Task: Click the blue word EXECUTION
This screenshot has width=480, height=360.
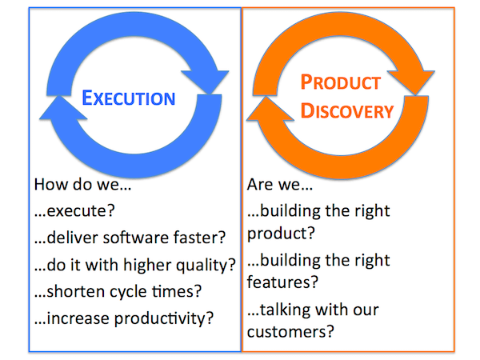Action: [x=129, y=99]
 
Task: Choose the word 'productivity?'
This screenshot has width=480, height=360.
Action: [x=167, y=318]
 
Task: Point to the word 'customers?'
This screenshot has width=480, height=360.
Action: [x=290, y=330]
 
